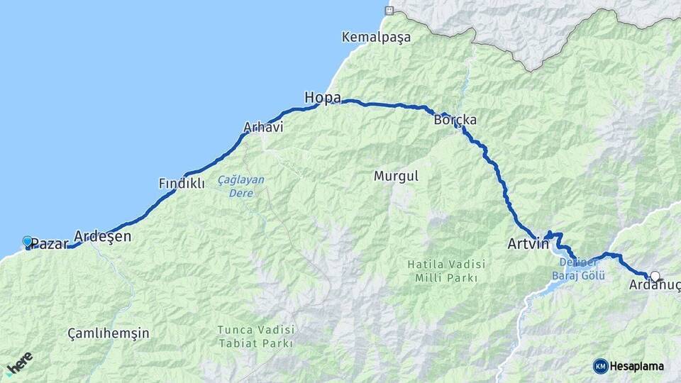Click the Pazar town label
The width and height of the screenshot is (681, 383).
50,244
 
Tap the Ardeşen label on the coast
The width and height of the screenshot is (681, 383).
103,236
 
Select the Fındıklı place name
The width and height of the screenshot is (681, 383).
182,184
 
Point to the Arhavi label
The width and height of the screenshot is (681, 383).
263,128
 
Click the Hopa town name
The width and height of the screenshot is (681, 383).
323,97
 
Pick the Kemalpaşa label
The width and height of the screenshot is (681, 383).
376,36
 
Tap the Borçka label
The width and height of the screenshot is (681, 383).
455,120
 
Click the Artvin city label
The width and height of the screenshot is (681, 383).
528,244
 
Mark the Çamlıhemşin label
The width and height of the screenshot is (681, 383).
109,333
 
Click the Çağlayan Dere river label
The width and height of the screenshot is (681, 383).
240,186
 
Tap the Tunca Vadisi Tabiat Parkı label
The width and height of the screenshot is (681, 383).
255,337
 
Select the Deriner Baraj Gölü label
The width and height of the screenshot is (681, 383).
581,269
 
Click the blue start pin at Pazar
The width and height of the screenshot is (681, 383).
28,242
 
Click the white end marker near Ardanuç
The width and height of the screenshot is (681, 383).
655,276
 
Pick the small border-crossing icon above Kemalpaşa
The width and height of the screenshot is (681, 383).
388,10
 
